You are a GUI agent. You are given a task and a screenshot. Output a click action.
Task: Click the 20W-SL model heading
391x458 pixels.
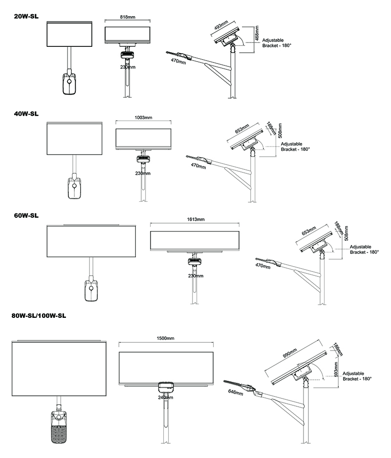click(26, 16)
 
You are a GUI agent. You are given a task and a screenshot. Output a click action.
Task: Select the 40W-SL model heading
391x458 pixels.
click(26, 113)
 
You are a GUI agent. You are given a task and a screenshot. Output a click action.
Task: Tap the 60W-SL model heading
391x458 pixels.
click(26, 215)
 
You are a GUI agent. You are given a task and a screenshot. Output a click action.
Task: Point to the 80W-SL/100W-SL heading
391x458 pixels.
click(39, 316)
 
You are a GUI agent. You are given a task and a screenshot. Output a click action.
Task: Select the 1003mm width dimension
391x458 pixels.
click(143, 118)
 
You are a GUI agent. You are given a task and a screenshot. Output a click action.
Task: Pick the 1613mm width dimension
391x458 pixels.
click(195, 219)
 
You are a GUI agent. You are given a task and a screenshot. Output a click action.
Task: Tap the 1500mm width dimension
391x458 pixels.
click(166, 338)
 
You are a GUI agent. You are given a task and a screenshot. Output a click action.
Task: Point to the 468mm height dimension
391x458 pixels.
click(257, 34)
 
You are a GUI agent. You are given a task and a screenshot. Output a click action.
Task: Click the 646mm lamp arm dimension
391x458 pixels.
click(235, 393)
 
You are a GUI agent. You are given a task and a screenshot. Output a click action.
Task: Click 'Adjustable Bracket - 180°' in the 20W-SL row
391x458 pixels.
click(277, 42)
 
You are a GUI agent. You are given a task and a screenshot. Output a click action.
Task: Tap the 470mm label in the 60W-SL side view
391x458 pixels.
click(263, 266)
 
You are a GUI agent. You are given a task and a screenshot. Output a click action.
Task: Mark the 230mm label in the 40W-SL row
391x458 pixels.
click(143, 173)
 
